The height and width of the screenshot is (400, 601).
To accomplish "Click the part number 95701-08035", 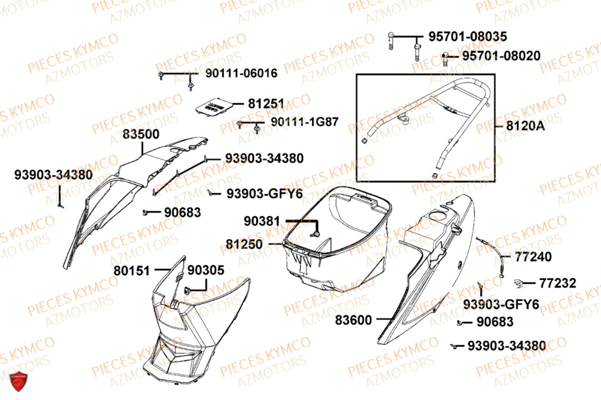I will pos(467,37).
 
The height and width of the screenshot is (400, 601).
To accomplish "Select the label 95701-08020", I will pos(501,56).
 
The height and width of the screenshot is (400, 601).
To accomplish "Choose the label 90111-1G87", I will pos(304,121).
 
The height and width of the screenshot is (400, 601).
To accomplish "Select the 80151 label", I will pos(132,271).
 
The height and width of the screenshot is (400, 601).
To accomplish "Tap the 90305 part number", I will pos(206,271).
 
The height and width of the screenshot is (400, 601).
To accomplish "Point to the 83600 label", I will pos(353,320).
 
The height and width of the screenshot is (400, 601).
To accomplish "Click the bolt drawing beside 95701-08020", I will pos(445,58).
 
